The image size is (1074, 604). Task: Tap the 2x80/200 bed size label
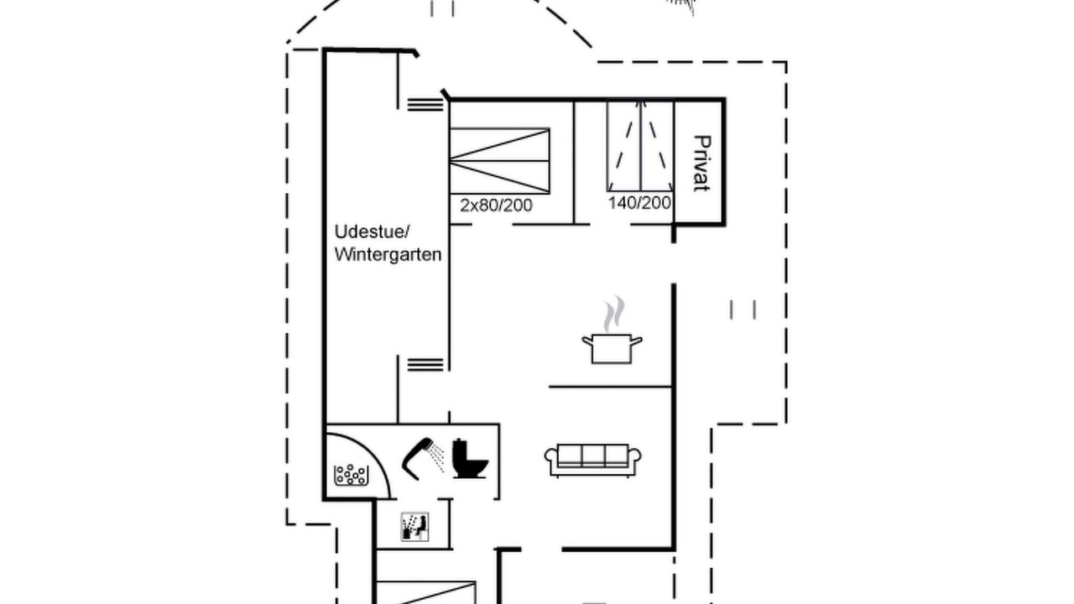[x=496, y=206]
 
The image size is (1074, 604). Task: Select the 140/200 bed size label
[x=639, y=203]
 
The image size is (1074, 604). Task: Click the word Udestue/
[x=372, y=232]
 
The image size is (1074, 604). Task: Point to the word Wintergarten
[x=388, y=254]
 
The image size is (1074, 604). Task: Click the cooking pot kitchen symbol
[x=612, y=348]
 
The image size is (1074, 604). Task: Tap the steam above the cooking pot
[x=614, y=314]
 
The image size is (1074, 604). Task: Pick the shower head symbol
[x=422, y=458]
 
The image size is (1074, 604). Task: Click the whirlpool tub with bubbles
[x=352, y=475]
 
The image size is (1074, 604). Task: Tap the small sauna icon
[x=414, y=527]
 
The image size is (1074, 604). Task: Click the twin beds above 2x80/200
[x=499, y=161]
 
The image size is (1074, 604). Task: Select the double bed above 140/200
[x=640, y=146]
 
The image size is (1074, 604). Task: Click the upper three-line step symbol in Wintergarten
[x=425, y=105]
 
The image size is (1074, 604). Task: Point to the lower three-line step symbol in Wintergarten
[x=425, y=364]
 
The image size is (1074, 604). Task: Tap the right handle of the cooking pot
[x=636, y=341]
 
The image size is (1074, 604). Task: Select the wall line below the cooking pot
[x=610, y=387]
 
